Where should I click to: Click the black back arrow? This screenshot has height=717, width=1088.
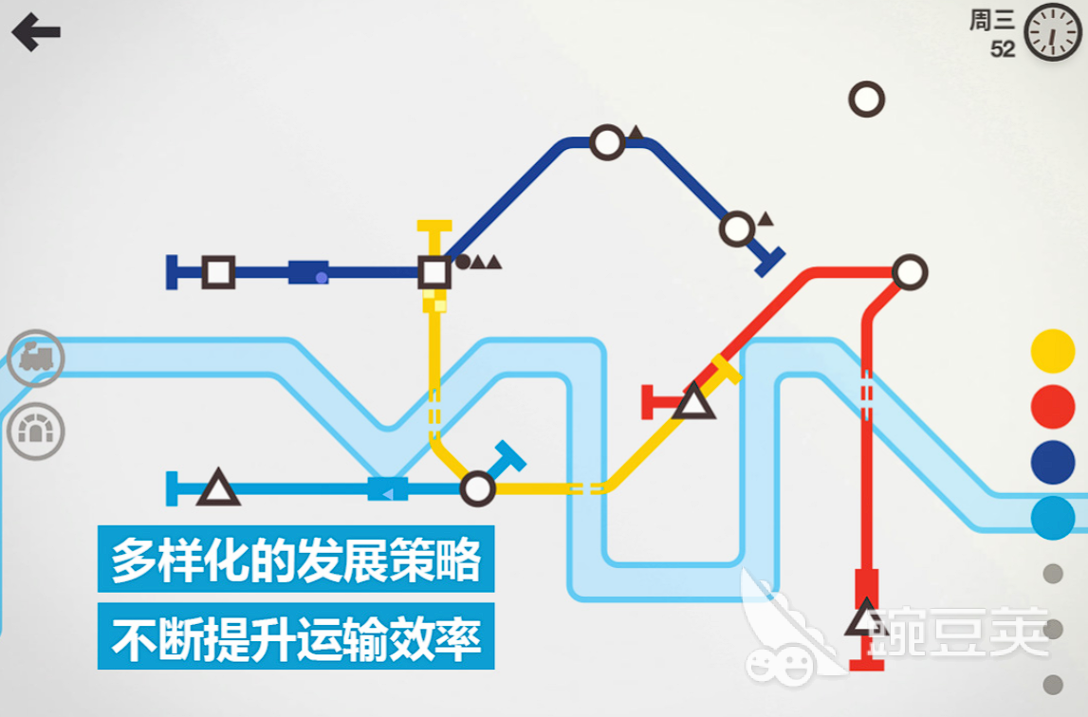point(36,32)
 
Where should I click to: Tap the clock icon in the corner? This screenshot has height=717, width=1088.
point(1052,32)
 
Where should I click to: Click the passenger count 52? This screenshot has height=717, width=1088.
point(1002,49)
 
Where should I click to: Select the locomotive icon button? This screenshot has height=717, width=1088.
point(36,358)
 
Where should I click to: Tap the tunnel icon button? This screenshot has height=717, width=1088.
point(36,431)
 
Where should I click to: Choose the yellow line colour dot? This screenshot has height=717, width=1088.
point(1053,351)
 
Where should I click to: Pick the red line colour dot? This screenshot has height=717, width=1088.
point(1053,407)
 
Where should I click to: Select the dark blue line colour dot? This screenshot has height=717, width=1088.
point(1053,462)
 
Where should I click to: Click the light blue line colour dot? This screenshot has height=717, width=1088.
point(1053,518)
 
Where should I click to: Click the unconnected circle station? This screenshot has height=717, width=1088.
point(867,100)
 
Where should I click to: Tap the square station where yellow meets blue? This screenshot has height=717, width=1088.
point(434,272)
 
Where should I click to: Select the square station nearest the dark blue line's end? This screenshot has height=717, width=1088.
point(218,272)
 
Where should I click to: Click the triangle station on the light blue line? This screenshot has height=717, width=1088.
point(218,487)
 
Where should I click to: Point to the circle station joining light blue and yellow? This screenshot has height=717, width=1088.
point(477,488)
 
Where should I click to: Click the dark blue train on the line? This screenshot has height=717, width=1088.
point(308,272)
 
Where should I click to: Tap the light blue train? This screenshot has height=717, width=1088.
point(387,488)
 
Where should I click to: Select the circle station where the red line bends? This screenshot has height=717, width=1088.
point(910,272)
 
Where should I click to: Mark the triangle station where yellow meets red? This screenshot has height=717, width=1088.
point(694,403)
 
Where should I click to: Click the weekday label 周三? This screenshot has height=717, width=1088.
point(991,20)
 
